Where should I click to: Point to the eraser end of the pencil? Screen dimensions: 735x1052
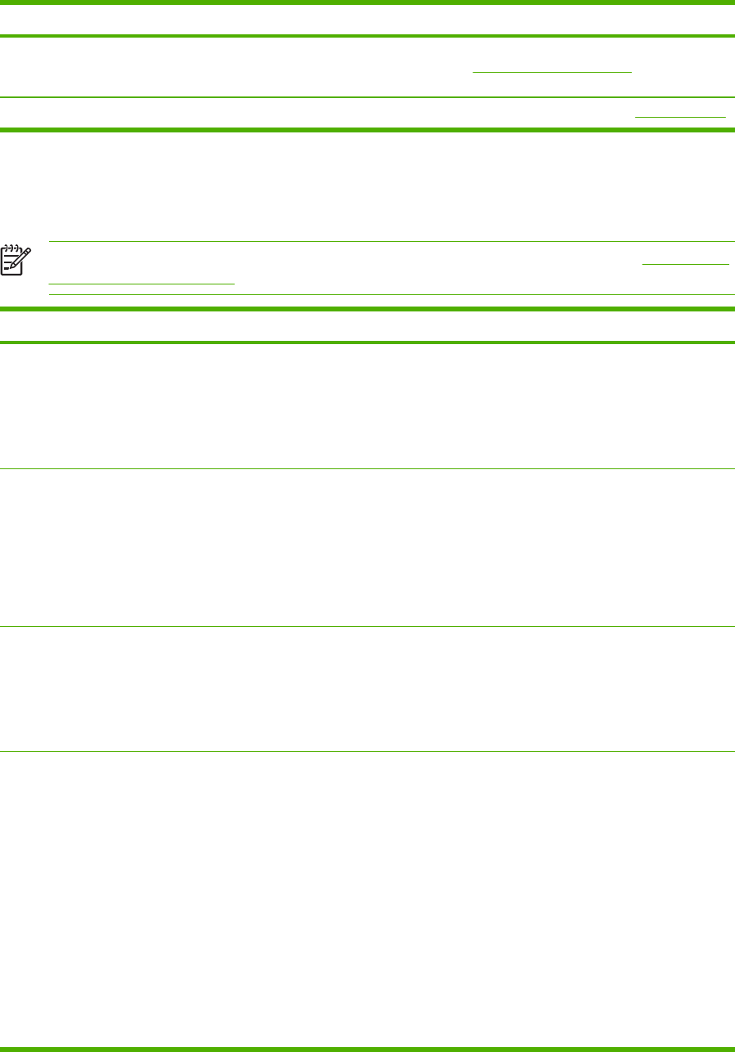click(x=29, y=250)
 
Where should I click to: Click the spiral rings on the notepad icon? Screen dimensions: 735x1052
click(x=11, y=245)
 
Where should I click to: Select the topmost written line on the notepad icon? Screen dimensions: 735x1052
click(x=9, y=254)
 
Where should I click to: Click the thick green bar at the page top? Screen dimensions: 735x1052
click(x=367, y=3)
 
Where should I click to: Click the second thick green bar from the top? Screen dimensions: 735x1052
click(x=367, y=36)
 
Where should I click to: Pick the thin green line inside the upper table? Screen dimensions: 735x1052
click(x=367, y=97)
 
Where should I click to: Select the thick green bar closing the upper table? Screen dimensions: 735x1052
click(x=367, y=129)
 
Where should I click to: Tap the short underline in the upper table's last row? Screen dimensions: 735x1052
click(x=681, y=117)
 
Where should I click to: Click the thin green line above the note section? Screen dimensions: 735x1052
click(x=391, y=241)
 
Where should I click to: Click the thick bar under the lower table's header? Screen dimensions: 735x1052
click(x=367, y=342)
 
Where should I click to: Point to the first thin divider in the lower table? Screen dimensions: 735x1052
click(x=367, y=468)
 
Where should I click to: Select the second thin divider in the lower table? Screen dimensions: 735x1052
click(x=367, y=626)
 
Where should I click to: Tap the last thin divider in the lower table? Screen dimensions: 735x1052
click(x=367, y=752)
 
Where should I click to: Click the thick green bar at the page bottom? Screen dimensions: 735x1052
click(x=367, y=1049)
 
